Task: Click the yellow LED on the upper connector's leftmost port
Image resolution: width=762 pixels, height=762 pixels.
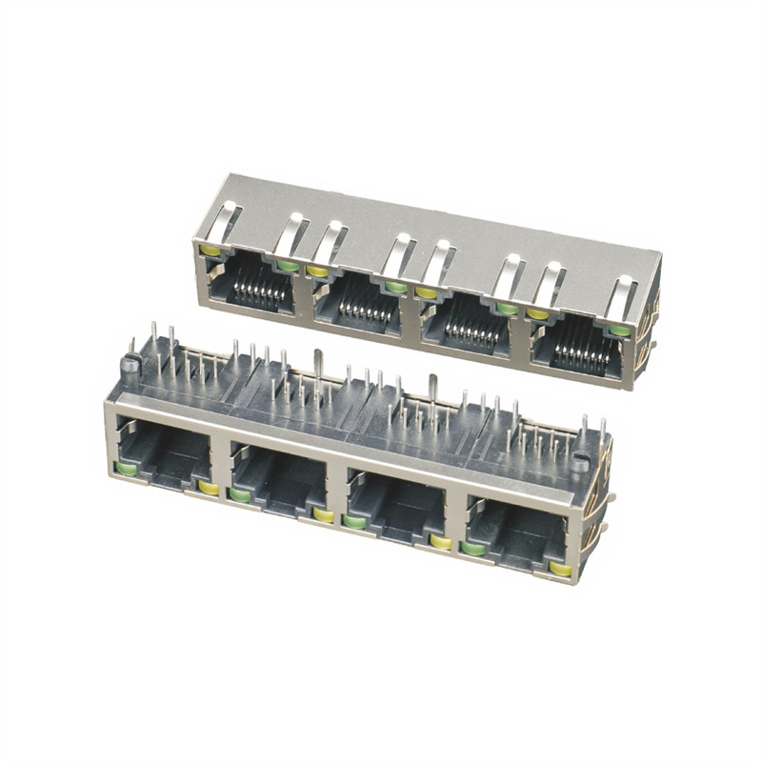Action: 210,251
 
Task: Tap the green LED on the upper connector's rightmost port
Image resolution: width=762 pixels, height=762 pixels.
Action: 619,330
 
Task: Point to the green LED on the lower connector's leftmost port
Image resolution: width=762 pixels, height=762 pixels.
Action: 125,467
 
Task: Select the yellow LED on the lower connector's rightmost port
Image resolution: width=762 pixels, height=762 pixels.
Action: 560,569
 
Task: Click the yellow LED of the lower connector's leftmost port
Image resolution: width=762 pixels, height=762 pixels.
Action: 208,488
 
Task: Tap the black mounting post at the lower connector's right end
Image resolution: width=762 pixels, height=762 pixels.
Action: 581,463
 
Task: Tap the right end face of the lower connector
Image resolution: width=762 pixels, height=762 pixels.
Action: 594,524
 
